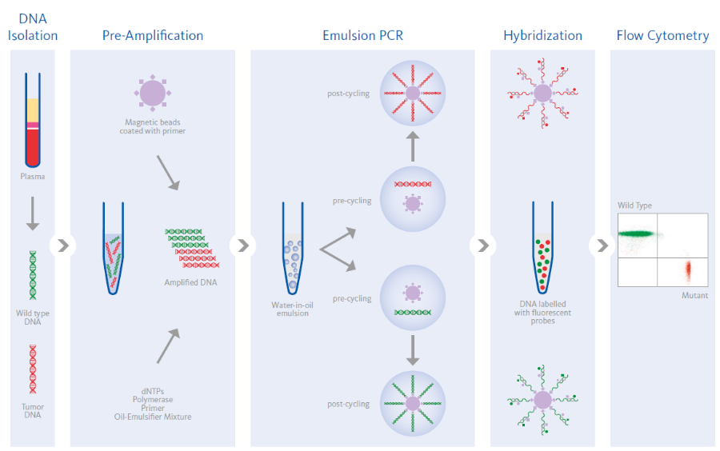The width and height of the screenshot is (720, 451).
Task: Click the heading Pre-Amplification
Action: click(x=152, y=35)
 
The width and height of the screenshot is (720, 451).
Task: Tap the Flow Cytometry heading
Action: click(x=662, y=35)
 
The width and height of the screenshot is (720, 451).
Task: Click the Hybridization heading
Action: click(x=542, y=35)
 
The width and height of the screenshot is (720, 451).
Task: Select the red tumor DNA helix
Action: click(x=33, y=369)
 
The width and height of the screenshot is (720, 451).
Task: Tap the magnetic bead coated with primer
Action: click(x=152, y=93)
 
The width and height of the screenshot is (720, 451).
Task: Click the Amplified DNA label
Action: click(x=190, y=282)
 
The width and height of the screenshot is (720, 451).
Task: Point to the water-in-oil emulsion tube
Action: click(x=291, y=248)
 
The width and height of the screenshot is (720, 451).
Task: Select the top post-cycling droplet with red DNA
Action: click(x=413, y=94)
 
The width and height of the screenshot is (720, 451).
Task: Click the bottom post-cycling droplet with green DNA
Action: click(x=413, y=404)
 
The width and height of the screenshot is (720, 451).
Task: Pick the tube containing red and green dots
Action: click(x=542, y=248)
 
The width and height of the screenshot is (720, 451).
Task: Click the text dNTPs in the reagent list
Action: click(x=152, y=389)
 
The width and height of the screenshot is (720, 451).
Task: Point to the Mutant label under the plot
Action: click(x=694, y=296)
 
